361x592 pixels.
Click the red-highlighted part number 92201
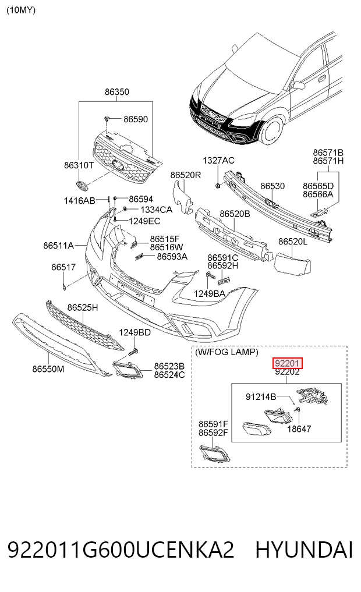(288, 363)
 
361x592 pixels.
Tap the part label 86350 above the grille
(117, 92)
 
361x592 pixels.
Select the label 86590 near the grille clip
(136, 119)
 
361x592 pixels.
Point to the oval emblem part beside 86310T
(82, 185)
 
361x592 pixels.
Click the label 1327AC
(218, 161)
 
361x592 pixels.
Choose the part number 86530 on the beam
(272, 186)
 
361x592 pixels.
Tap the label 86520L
(293, 241)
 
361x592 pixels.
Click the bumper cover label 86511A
(59, 246)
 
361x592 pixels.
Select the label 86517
(63, 267)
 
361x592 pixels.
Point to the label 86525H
(83, 308)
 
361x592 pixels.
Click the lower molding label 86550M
(48, 369)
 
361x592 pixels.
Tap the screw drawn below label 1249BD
(134, 352)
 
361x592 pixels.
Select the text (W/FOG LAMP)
(226, 352)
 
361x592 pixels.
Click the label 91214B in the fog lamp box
(261, 397)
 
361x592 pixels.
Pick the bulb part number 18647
(299, 429)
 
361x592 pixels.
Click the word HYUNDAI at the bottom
(304, 550)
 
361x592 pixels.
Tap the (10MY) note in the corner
(21, 10)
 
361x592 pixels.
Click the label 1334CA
(156, 210)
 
